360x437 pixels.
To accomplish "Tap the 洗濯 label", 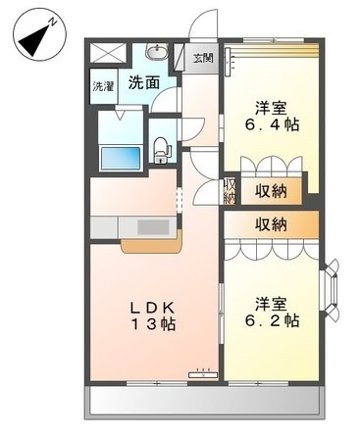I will pos(103,85).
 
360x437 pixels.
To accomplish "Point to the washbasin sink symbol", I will pos(156,52).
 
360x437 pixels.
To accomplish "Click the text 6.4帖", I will pos(268,125).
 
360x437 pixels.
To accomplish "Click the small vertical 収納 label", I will pos(230,190).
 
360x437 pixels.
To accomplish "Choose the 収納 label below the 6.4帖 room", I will pos(272,190).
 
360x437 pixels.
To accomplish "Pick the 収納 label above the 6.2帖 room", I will pos(272,224).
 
